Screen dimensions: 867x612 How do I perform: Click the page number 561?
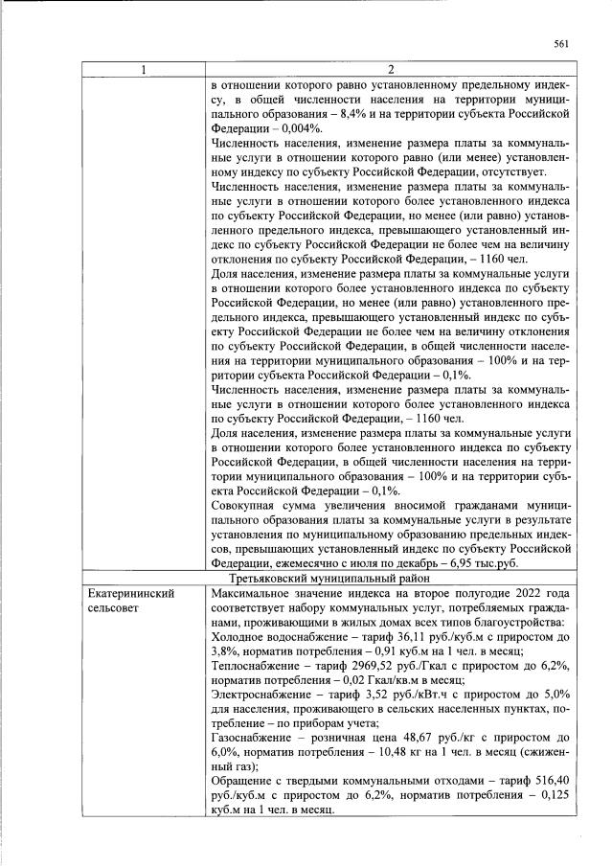tap(561, 42)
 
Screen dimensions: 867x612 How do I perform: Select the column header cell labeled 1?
tap(144, 70)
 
